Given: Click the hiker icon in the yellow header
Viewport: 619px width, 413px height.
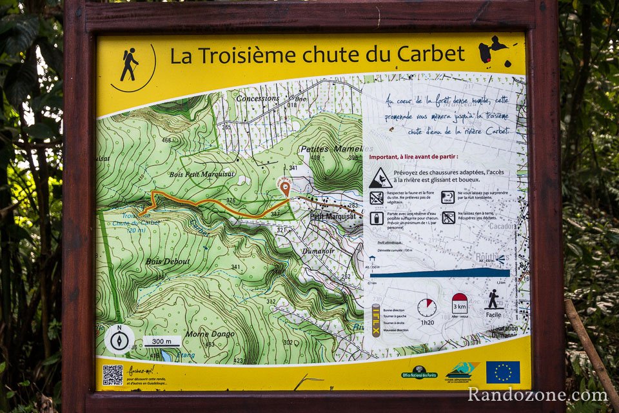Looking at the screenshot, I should tap(130, 65).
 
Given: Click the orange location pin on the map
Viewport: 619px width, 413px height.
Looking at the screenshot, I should tap(285, 188).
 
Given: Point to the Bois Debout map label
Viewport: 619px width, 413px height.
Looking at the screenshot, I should tap(168, 261).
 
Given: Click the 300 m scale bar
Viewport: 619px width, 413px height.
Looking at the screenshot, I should tap(162, 341).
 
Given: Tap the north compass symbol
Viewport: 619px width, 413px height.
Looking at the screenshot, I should tap(119, 339).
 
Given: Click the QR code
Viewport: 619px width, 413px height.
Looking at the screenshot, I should tap(112, 375).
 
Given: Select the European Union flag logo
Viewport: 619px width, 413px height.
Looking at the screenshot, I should tap(503, 372).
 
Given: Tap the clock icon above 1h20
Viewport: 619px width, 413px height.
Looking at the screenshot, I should tap(426, 307).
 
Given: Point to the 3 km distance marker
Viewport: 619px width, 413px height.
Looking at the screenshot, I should tap(460, 303).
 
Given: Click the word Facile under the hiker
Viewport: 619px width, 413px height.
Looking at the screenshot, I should tap(493, 315).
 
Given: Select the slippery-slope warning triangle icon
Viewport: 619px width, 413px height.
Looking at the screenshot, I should tap(380, 177).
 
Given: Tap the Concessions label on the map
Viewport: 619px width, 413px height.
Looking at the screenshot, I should tap(258, 98).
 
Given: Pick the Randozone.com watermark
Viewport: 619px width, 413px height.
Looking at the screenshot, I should tap(537, 394).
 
